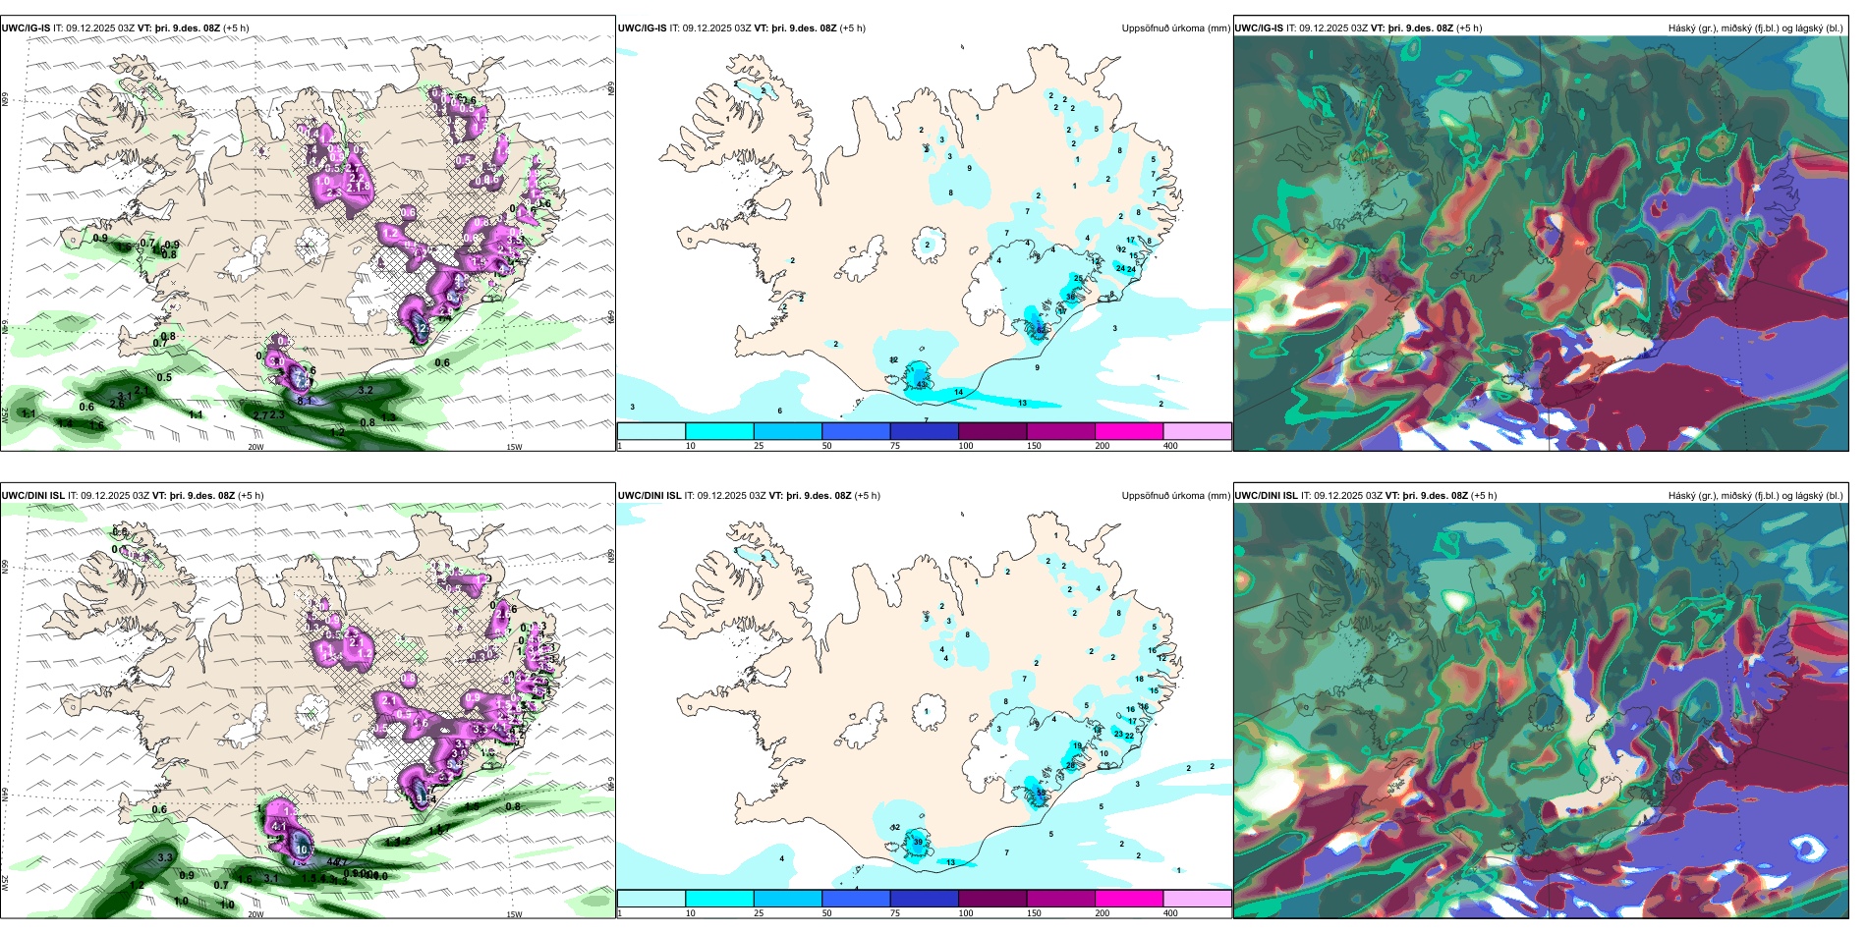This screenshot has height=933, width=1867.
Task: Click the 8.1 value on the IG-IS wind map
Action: (x=305, y=401)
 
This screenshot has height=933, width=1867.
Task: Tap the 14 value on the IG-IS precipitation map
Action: (x=959, y=393)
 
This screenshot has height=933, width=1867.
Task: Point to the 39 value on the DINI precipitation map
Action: (x=918, y=842)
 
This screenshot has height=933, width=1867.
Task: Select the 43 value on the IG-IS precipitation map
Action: (x=921, y=384)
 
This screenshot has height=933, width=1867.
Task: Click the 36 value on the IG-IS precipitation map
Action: (x=1071, y=297)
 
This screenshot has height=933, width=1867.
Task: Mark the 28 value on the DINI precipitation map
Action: (x=1071, y=765)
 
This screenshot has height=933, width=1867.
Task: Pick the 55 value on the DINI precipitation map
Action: (x=1042, y=793)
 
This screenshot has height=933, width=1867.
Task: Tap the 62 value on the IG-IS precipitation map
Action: (x=1042, y=330)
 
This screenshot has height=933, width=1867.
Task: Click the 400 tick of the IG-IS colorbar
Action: (x=1170, y=446)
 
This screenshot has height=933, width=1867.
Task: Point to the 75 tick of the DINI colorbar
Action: (x=895, y=913)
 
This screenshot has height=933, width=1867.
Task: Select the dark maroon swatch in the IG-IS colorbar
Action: (x=992, y=430)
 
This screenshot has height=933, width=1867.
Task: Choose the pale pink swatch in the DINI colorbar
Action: (x=1197, y=898)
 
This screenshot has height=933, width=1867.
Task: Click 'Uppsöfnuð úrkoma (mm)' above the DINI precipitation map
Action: (x=1175, y=496)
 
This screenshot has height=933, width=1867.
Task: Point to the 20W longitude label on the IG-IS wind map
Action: (x=255, y=447)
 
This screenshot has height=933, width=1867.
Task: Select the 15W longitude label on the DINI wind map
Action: (x=514, y=914)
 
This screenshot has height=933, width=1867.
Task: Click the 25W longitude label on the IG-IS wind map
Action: (x=5, y=415)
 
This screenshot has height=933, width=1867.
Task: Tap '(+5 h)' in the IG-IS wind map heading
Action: (x=236, y=28)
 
